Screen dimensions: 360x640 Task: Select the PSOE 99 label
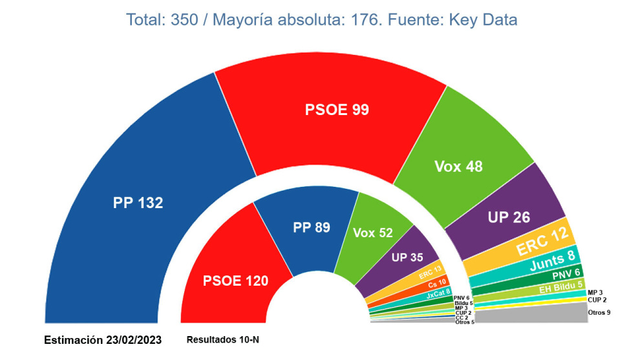coord(337,110)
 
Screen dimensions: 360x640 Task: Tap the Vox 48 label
coord(458,166)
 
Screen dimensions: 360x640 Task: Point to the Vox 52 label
coord(373,233)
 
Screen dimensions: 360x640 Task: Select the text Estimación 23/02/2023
coord(103,339)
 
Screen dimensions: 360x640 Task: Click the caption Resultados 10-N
coord(223,339)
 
